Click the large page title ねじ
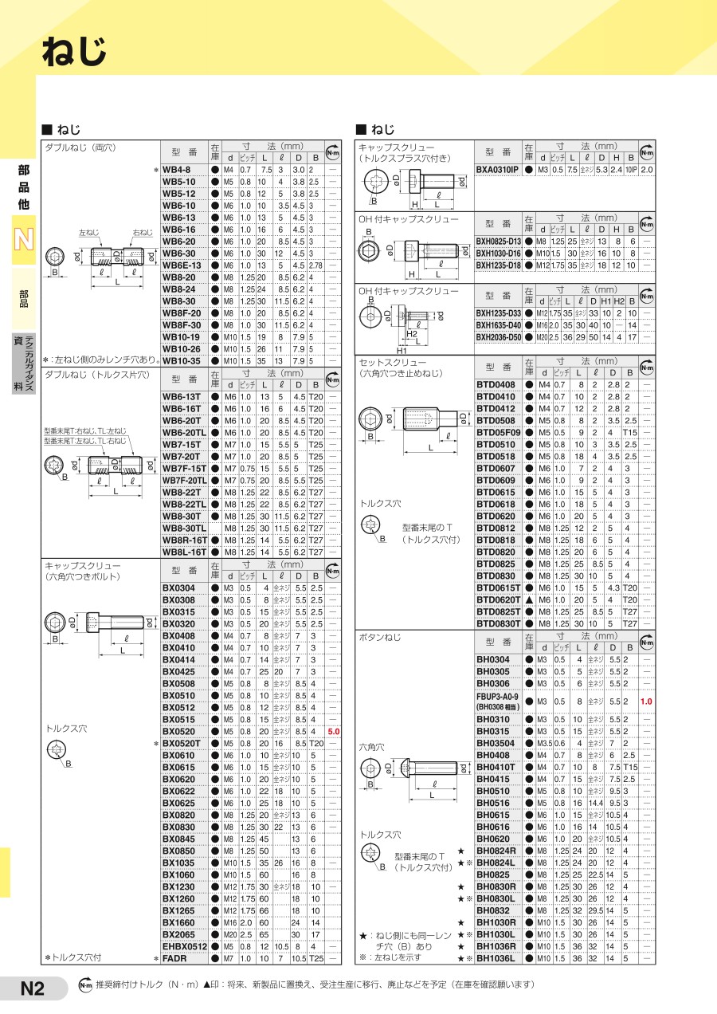(73, 54)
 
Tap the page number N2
(32, 989)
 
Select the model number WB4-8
(176, 170)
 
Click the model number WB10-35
(181, 360)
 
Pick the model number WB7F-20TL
(185, 481)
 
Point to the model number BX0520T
(182, 743)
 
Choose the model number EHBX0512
(185, 946)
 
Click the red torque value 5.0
(334, 731)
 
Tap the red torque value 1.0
(646, 702)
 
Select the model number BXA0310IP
(497, 170)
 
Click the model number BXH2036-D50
(499, 337)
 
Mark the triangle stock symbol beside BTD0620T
(528, 599)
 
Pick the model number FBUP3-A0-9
(497, 696)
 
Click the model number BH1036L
(496, 958)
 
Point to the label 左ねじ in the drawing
(88, 233)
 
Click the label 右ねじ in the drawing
(143, 233)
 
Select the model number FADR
(174, 958)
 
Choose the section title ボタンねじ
(380, 637)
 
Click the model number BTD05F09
(498, 432)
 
